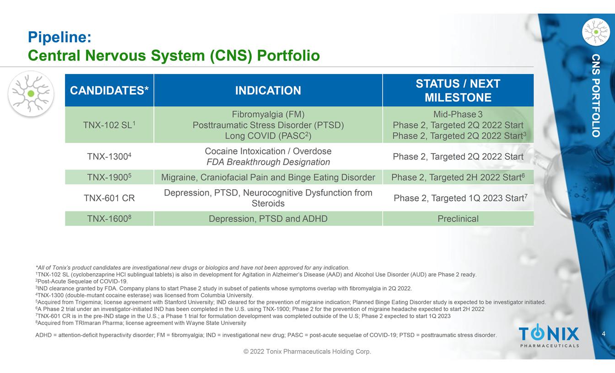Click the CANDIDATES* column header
(109, 90)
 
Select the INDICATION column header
(268, 90)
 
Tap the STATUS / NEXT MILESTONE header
(458, 90)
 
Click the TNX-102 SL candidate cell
(109, 125)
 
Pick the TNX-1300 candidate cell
(109, 156)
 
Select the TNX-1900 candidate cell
(109, 177)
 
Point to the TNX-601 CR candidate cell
(109, 198)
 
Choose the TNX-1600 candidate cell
(109, 218)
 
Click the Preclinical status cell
(458, 218)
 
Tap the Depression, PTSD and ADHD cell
(268, 218)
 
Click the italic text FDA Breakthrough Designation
(268, 162)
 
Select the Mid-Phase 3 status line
(458, 114)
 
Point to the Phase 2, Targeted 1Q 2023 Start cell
(458, 198)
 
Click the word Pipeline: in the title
(59, 37)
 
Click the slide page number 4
(604, 334)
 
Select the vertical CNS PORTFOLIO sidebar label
(596, 96)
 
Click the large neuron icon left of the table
(31, 94)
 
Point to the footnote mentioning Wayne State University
(140, 323)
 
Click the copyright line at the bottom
(307, 352)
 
